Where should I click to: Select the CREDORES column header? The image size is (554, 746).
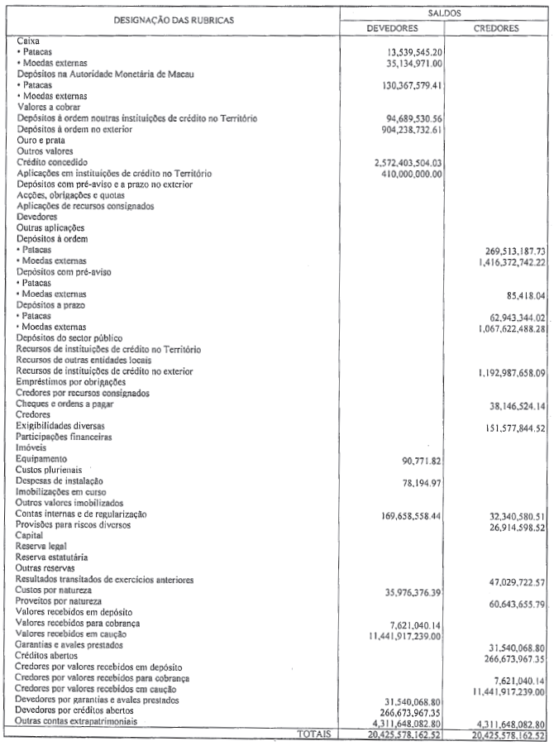(x=496, y=27)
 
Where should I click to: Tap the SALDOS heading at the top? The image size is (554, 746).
(x=444, y=12)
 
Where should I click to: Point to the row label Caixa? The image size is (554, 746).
(x=27, y=40)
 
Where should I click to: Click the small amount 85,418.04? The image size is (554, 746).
(x=520, y=294)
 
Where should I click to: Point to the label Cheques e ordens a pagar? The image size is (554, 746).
(x=64, y=404)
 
